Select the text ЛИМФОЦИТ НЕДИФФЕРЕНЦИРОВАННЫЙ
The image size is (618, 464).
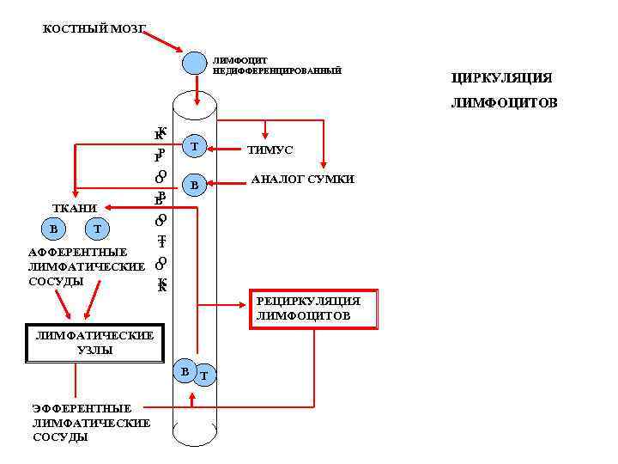coord(276,65)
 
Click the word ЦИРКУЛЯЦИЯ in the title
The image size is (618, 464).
coord(501,78)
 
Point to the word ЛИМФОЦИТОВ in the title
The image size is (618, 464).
coord(505,104)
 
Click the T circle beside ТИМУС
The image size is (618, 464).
coord(195,147)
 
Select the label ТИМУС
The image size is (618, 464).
coord(270,150)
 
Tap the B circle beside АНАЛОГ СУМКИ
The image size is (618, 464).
coord(195,185)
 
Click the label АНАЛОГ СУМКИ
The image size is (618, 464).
coord(302,180)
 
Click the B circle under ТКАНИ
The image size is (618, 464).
coord(54,229)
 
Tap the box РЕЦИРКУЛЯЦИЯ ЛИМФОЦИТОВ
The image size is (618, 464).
coord(314,308)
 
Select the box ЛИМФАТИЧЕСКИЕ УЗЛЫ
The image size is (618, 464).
coord(94,343)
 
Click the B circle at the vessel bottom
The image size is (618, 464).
coord(184,370)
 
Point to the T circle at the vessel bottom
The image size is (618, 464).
coord(204,375)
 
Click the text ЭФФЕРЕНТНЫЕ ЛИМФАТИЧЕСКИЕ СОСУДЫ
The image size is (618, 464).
coord(91,423)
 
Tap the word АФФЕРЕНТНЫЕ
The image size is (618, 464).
coord(78,253)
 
